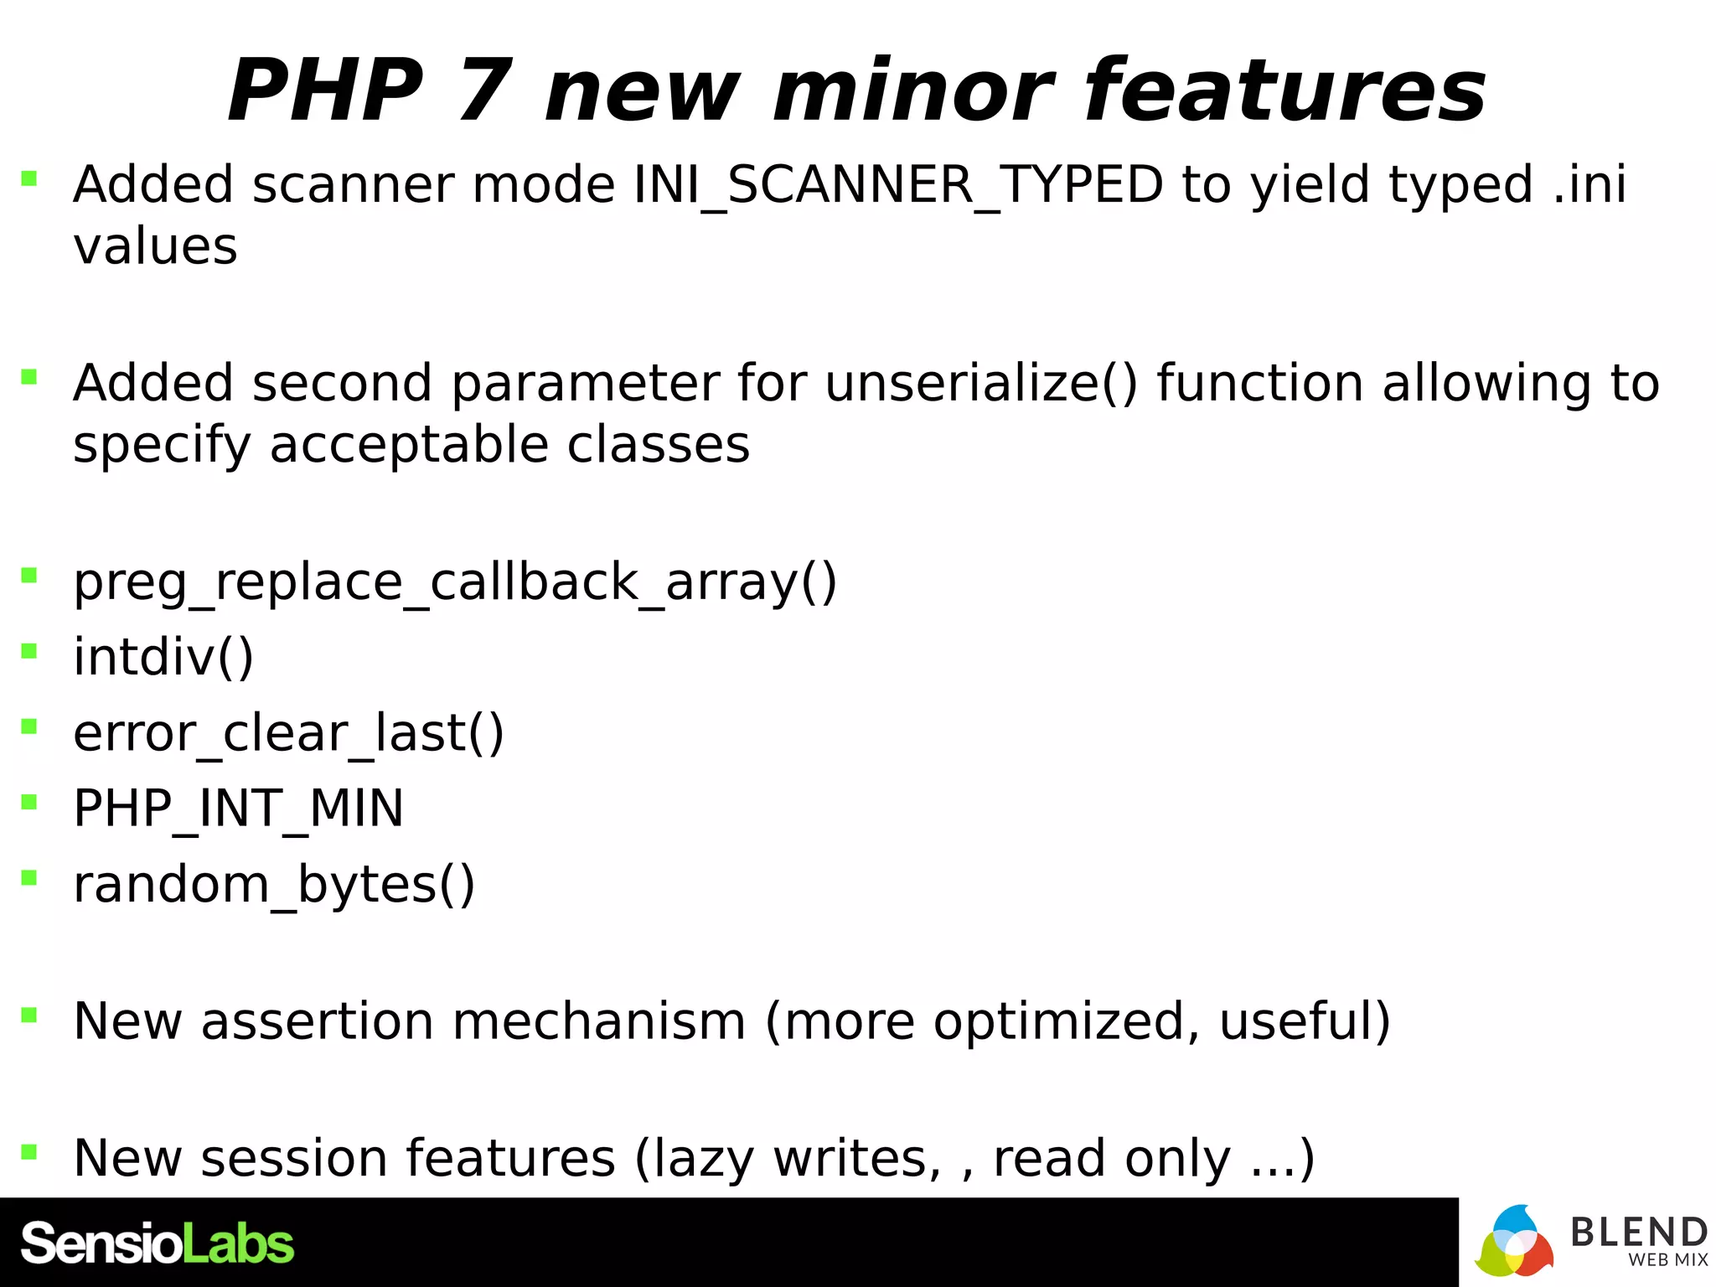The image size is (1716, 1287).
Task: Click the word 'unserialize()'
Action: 981,384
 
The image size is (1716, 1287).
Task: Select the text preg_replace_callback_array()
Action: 455,582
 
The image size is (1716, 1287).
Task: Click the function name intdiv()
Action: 163,657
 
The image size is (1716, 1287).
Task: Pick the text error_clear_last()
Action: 288,733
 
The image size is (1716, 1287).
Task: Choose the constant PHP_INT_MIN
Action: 238,809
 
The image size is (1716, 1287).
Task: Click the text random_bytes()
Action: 274,885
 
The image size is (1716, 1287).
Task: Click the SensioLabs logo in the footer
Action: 157,1243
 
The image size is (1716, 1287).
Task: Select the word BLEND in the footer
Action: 1638,1232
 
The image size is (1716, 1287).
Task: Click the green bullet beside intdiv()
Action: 29,651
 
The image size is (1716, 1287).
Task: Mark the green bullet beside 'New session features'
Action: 29,1151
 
